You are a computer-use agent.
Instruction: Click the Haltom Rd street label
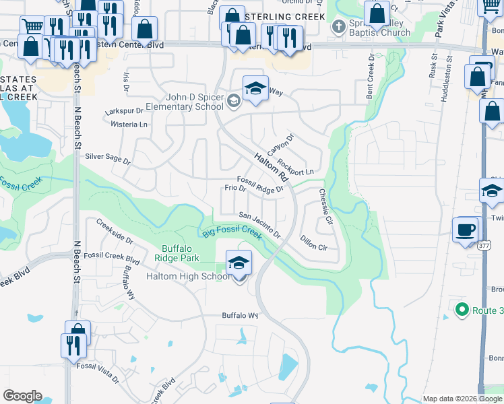272,168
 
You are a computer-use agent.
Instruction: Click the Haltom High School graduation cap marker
238,263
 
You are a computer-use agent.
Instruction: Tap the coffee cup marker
465,230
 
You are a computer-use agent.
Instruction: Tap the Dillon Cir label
313,243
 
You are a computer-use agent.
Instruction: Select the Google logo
22,396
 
